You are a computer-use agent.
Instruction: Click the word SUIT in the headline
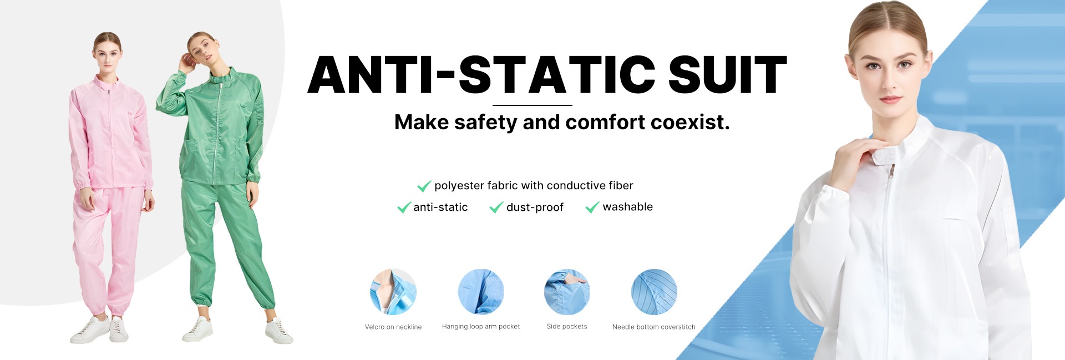click(x=727, y=74)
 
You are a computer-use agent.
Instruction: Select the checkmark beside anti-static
click(x=404, y=207)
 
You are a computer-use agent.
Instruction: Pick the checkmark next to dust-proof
click(x=496, y=207)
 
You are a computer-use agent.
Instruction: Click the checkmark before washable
click(x=592, y=207)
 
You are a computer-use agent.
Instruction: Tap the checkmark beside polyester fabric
click(x=424, y=186)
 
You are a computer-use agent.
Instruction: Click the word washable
click(x=628, y=207)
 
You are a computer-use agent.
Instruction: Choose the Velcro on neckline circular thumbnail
click(x=393, y=292)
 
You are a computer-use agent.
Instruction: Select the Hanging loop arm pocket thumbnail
click(x=481, y=292)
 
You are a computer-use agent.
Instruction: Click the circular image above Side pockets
click(x=567, y=292)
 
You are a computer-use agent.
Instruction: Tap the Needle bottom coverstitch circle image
click(x=654, y=292)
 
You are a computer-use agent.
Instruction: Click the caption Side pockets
click(x=567, y=327)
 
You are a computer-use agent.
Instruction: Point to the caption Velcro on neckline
click(x=393, y=327)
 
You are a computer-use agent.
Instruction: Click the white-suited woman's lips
click(x=890, y=100)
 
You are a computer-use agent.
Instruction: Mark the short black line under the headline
click(x=532, y=105)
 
